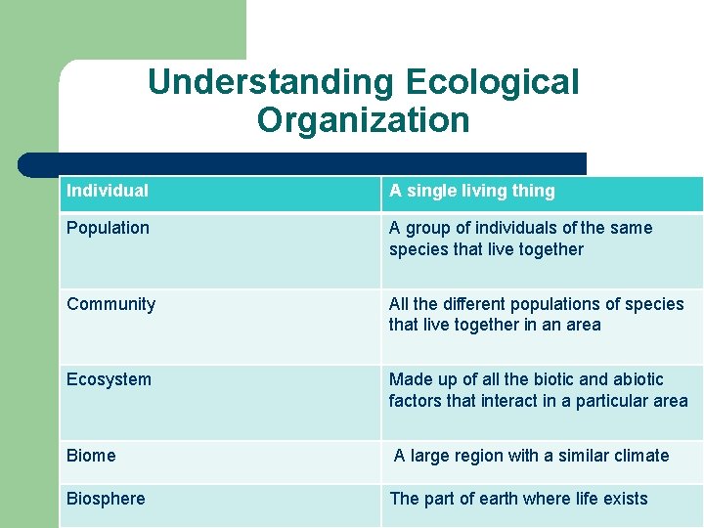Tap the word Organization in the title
[363, 120]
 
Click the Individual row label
[108, 191]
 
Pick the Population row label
[108, 228]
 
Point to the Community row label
[110, 304]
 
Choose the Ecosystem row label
[109, 379]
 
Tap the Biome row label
[91, 456]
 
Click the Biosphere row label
[106, 499]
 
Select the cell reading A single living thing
[471, 191]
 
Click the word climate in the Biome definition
[641, 456]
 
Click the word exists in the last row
[626, 499]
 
